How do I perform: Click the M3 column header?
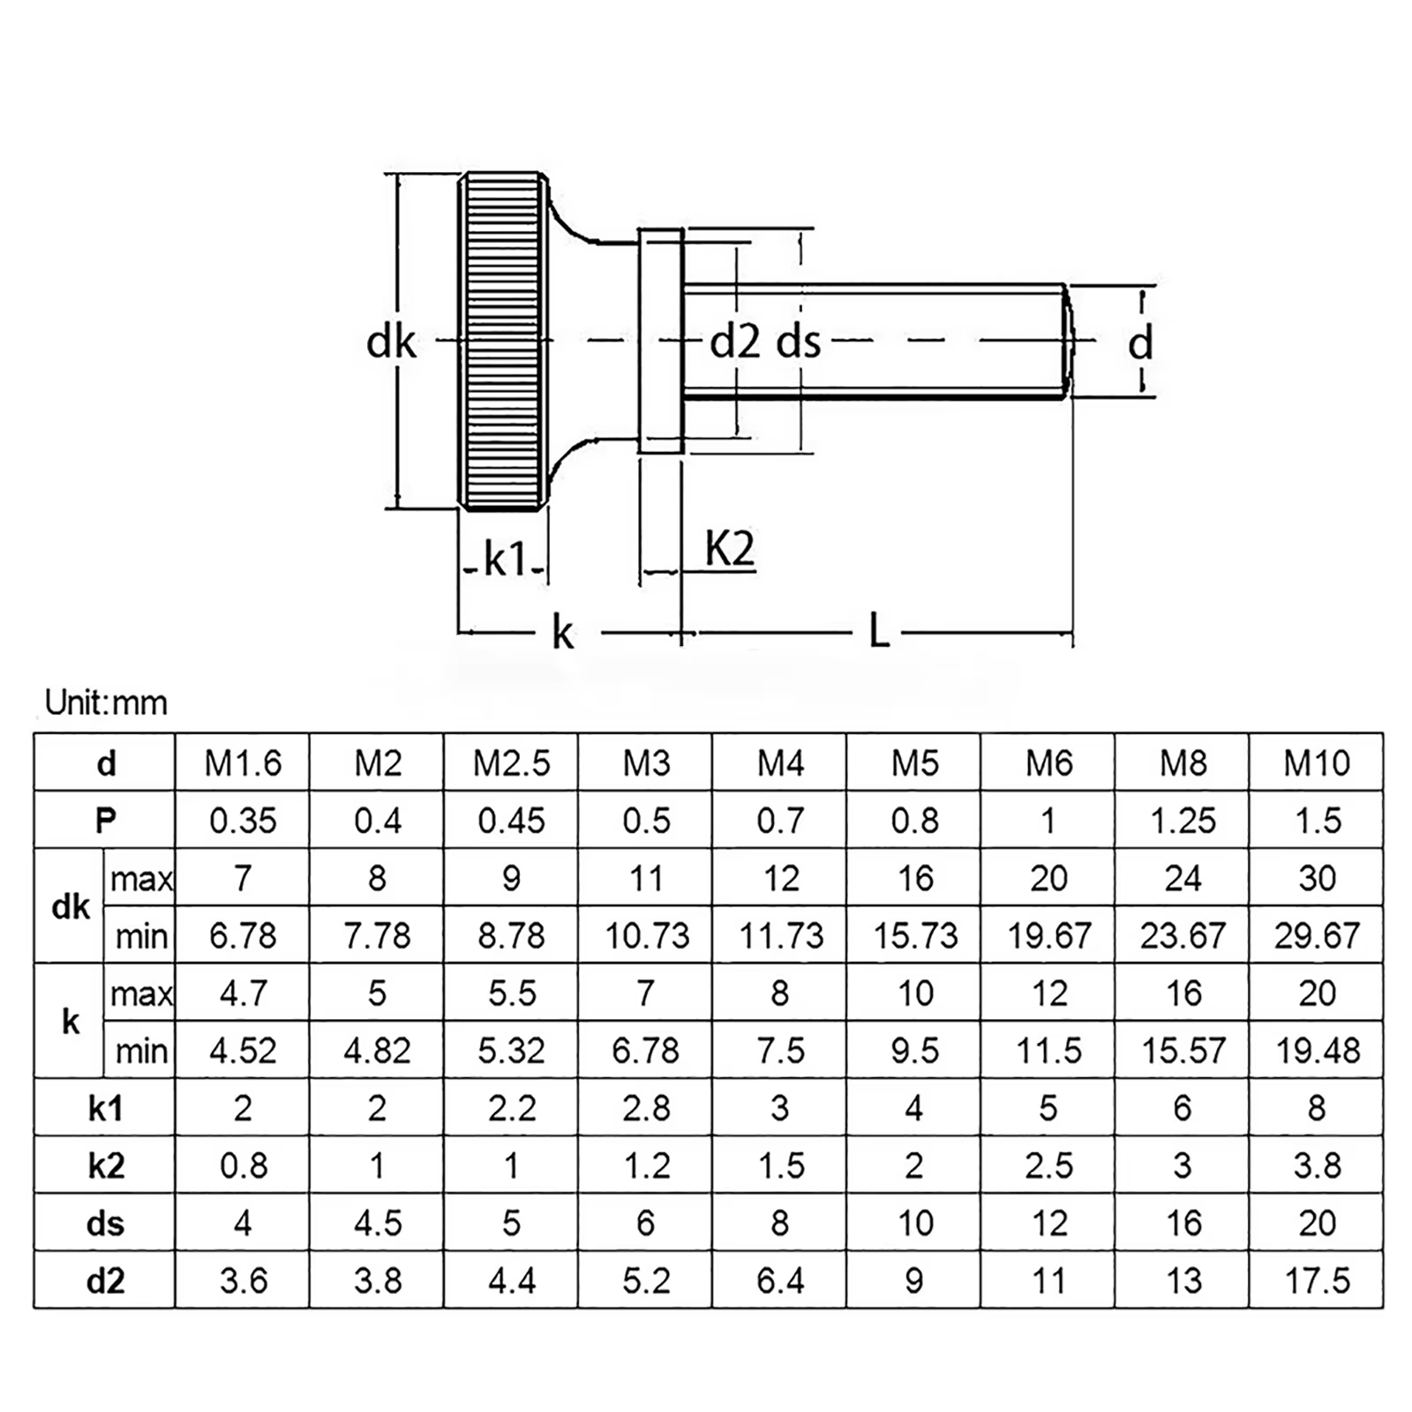pos(646,763)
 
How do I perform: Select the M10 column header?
pos(1317,763)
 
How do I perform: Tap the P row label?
pos(105,821)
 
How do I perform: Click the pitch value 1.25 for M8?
pos(1183,821)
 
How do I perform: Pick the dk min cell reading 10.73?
pos(646,935)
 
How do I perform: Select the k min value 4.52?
pos(243,1050)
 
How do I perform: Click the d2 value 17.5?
pos(1317,1281)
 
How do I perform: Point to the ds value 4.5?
pos(378,1223)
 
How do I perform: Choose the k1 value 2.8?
pos(646,1108)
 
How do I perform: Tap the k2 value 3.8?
pos(1317,1166)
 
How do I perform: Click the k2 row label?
pos(105,1166)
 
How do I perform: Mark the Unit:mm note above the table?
pos(106,703)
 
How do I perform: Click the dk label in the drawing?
pos(391,342)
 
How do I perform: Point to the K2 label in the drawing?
pos(730,549)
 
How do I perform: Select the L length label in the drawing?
pos(879,632)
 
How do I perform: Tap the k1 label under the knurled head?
pos(505,560)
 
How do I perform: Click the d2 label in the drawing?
pos(735,342)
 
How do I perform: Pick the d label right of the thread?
pos(1140,342)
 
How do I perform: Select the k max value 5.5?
pos(512,993)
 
